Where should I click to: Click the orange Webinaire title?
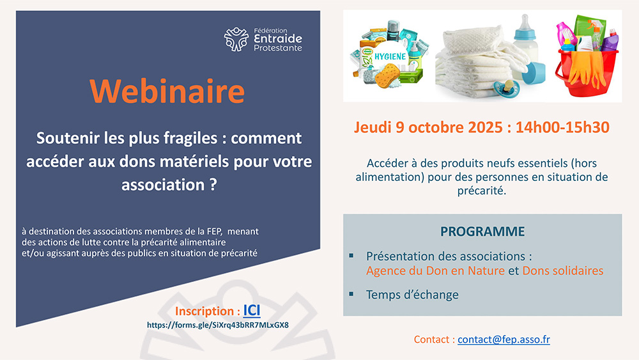coord(167,91)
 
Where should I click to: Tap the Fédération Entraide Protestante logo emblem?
coord(236,39)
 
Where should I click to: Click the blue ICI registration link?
coord(252,311)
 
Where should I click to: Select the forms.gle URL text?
coord(218,325)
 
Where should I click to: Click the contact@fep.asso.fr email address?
coord(504,339)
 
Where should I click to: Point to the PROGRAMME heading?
coord(482,231)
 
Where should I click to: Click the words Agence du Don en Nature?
coord(435,270)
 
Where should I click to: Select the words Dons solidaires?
coord(563,270)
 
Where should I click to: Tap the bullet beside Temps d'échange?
coord(351,294)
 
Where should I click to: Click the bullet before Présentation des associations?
coord(351,256)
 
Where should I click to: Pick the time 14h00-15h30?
coord(562,127)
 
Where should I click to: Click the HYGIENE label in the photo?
coord(390,57)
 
